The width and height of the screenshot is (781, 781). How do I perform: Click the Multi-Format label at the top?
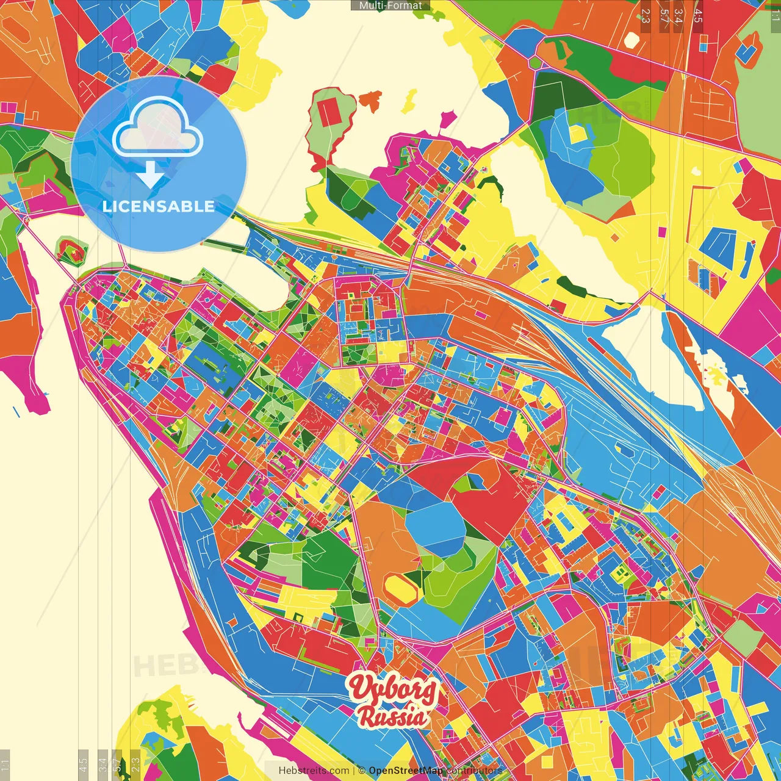coord(390,5)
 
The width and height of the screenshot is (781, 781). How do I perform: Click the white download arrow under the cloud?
coord(150,175)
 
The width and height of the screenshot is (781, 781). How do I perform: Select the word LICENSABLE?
coord(159,206)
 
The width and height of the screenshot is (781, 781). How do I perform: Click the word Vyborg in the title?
coord(393,690)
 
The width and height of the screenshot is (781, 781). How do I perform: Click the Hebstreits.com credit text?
coord(314,771)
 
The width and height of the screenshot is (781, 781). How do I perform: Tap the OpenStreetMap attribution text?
coord(405,771)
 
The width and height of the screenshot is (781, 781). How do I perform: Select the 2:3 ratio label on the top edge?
coord(646,16)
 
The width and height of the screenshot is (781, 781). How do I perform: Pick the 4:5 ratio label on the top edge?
coord(698,16)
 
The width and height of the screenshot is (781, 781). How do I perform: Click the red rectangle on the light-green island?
coord(330,112)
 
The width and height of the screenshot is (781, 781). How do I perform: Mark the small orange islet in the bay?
coord(370,99)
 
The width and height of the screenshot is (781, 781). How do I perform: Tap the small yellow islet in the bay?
coord(409,101)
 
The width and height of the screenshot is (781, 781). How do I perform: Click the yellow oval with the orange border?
coord(401,587)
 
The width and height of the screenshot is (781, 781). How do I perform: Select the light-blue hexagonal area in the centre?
coord(435,528)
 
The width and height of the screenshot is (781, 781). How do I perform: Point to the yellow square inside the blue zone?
coord(577,134)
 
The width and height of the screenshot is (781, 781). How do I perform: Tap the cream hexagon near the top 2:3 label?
coord(632,40)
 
